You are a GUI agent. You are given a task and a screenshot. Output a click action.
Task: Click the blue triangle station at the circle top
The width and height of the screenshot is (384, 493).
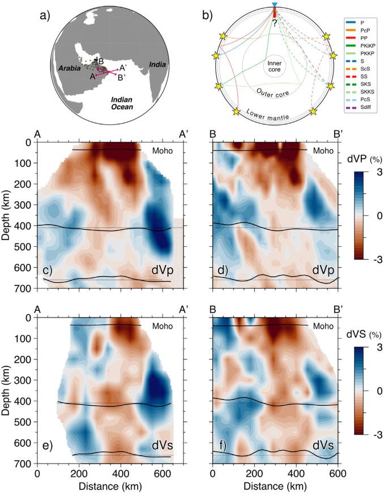275,5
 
